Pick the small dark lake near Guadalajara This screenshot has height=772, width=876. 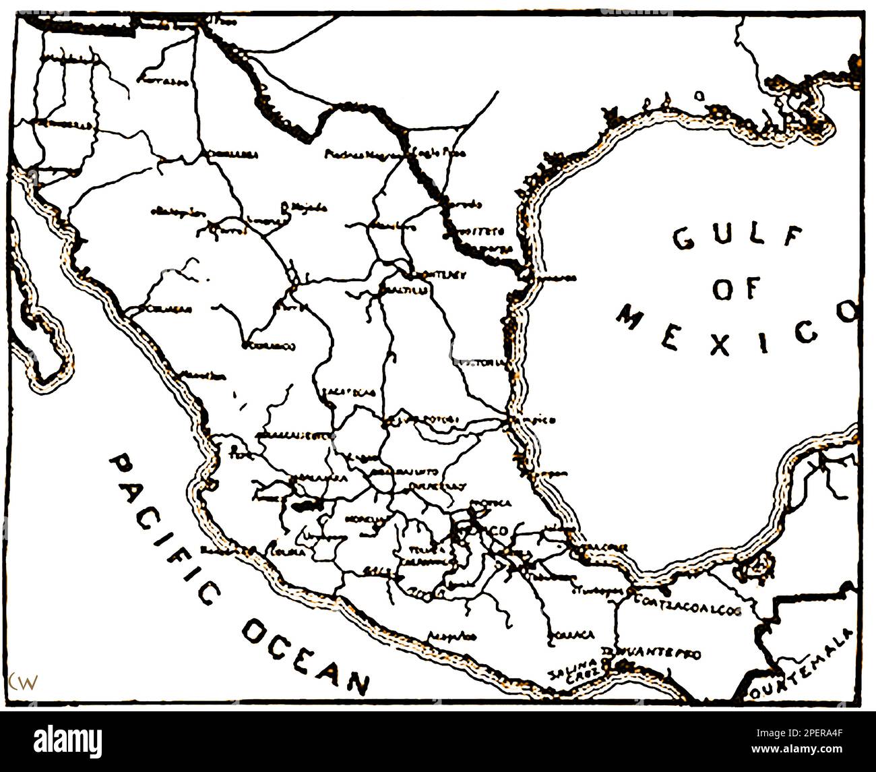click(303, 503)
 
